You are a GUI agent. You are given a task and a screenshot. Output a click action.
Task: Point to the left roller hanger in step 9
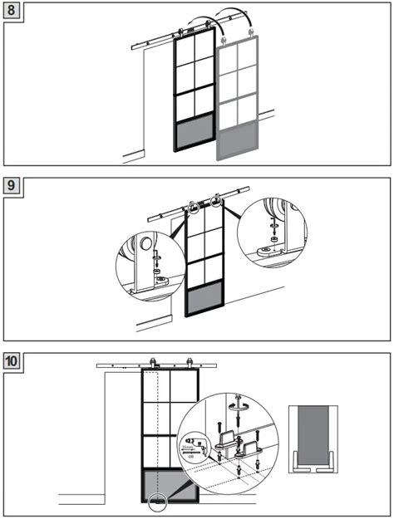(x=193, y=205)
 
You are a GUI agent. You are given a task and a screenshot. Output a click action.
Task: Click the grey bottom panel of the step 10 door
(x=171, y=486)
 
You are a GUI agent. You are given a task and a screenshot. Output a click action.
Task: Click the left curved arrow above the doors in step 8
(x=197, y=20)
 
